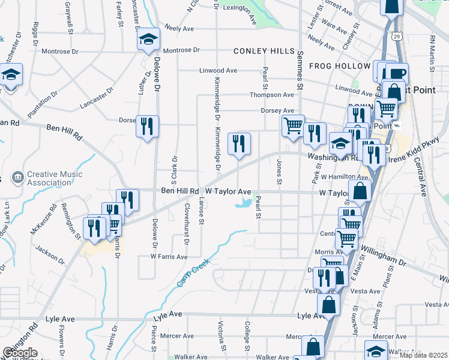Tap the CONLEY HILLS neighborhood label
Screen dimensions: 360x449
tap(260, 51)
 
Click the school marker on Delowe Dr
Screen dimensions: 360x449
tap(148, 40)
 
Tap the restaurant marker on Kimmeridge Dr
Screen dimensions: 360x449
tap(239, 143)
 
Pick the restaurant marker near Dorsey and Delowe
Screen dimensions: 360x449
tap(147, 126)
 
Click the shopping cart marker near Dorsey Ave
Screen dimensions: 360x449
tap(293, 126)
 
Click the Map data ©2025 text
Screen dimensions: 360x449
tap(423, 355)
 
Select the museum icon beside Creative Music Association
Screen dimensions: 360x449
tap(17, 177)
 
